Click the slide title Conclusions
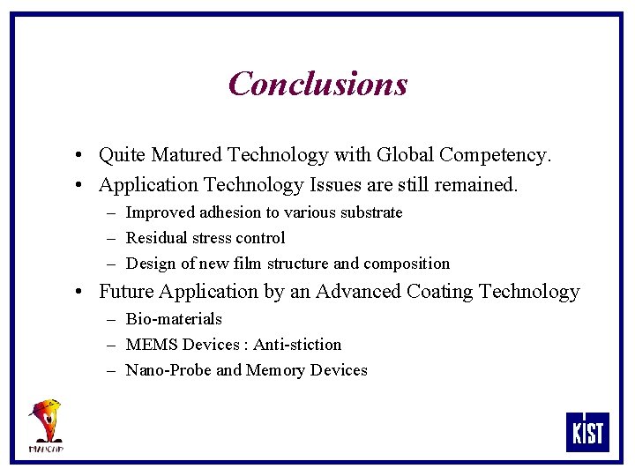pos(317,84)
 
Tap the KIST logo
pos(586,432)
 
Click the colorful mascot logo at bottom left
pos(46,425)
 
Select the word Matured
pos(186,156)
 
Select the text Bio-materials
pos(174,319)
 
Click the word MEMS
pos(152,345)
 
